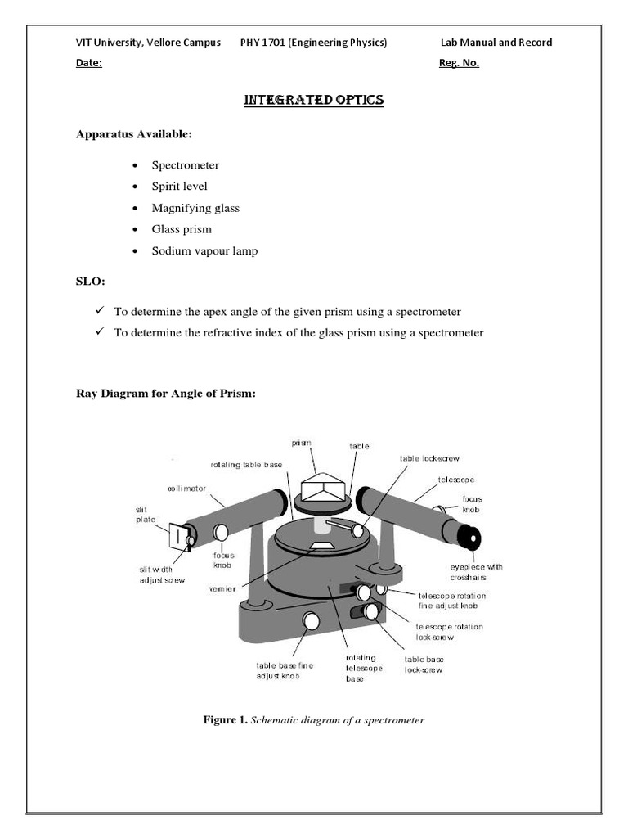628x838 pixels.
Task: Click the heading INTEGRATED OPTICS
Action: point(314,100)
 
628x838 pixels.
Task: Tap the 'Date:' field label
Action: point(89,64)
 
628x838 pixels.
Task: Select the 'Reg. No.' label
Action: point(459,64)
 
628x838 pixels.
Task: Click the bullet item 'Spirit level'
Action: point(179,186)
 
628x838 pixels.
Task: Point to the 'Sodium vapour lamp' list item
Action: point(204,250)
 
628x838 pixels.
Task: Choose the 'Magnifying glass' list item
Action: point(195,208)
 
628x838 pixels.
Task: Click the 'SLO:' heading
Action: point(91,282)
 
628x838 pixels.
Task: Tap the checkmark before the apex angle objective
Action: point(96,312)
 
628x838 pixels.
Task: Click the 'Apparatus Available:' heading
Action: point(134,133)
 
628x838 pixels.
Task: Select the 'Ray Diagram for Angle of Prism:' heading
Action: point(166,394)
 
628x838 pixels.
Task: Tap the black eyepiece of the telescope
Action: point(469,538)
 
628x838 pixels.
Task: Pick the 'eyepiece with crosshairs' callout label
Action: point(477,572)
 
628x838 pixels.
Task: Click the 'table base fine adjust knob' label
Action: point(285,671)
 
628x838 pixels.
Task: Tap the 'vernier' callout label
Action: point(222,589)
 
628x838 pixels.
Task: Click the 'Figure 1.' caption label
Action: point(225,720)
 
